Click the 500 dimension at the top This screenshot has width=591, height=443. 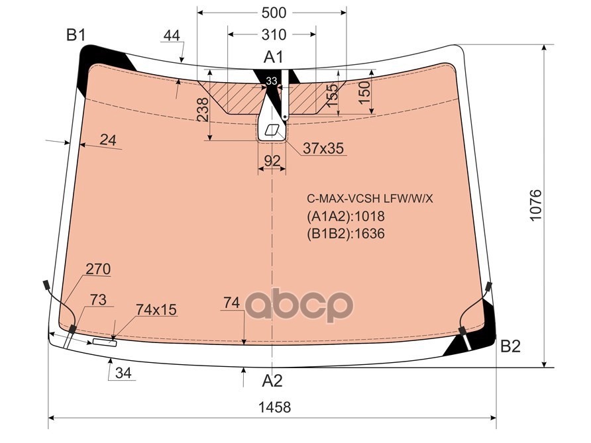(274, 13)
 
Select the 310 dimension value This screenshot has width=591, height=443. (273, 34)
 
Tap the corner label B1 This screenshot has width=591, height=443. (76, 34)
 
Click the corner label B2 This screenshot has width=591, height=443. (510, 346)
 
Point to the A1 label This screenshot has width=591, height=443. (274, 58)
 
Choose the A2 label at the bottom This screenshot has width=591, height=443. (272, 381)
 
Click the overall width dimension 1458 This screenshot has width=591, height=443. (273, 407)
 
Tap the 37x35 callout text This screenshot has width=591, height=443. (323, 149)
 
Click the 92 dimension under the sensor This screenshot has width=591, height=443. (272, 160)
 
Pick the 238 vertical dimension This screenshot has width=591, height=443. (203, 110)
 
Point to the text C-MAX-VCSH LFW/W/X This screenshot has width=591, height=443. (369, 198)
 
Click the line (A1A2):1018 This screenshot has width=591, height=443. (345, 217)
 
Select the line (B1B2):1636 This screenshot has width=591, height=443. (345, 233)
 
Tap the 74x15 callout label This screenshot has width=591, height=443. (156, 309)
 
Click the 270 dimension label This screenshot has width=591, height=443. (98, 270)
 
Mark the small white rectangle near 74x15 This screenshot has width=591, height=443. (104, 342)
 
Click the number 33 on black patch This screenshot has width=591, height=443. (271, 81)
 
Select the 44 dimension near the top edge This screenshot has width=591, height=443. (172, 36)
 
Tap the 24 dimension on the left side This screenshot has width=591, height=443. (108, 140)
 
